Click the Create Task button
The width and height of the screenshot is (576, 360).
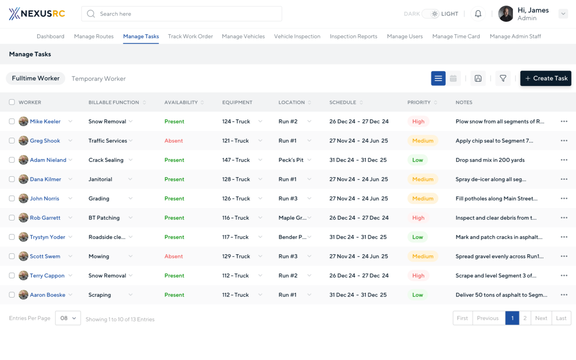pos(545,78)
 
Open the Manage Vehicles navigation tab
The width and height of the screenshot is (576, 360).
pos(243,36)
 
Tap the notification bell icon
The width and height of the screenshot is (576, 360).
pos(478,14)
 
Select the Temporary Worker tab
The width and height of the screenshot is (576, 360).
pos(98,79)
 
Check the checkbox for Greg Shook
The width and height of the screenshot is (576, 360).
pos(12,141)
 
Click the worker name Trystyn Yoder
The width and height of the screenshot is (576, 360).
pos(48,237)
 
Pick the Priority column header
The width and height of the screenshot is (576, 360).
pos(419,102)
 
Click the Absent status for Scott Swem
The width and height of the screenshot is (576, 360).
pos(173,256)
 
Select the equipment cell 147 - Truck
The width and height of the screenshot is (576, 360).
pos(236,160)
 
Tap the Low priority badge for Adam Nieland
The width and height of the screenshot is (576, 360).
pos(417,160)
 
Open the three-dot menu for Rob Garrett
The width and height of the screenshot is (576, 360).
pos(564,218)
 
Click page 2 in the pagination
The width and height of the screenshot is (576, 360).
pos(525,318)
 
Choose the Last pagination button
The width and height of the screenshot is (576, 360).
pos(561,318)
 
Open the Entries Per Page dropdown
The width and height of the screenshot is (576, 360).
pos(68,318)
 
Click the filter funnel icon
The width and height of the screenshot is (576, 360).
pos(503,78)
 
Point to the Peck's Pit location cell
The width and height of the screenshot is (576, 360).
pos(291,160)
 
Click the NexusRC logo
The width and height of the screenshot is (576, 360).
pos(37,13)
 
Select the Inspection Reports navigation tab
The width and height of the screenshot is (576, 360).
pos(353,36)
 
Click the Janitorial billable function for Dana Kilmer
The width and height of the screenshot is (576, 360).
pos(100,179)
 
